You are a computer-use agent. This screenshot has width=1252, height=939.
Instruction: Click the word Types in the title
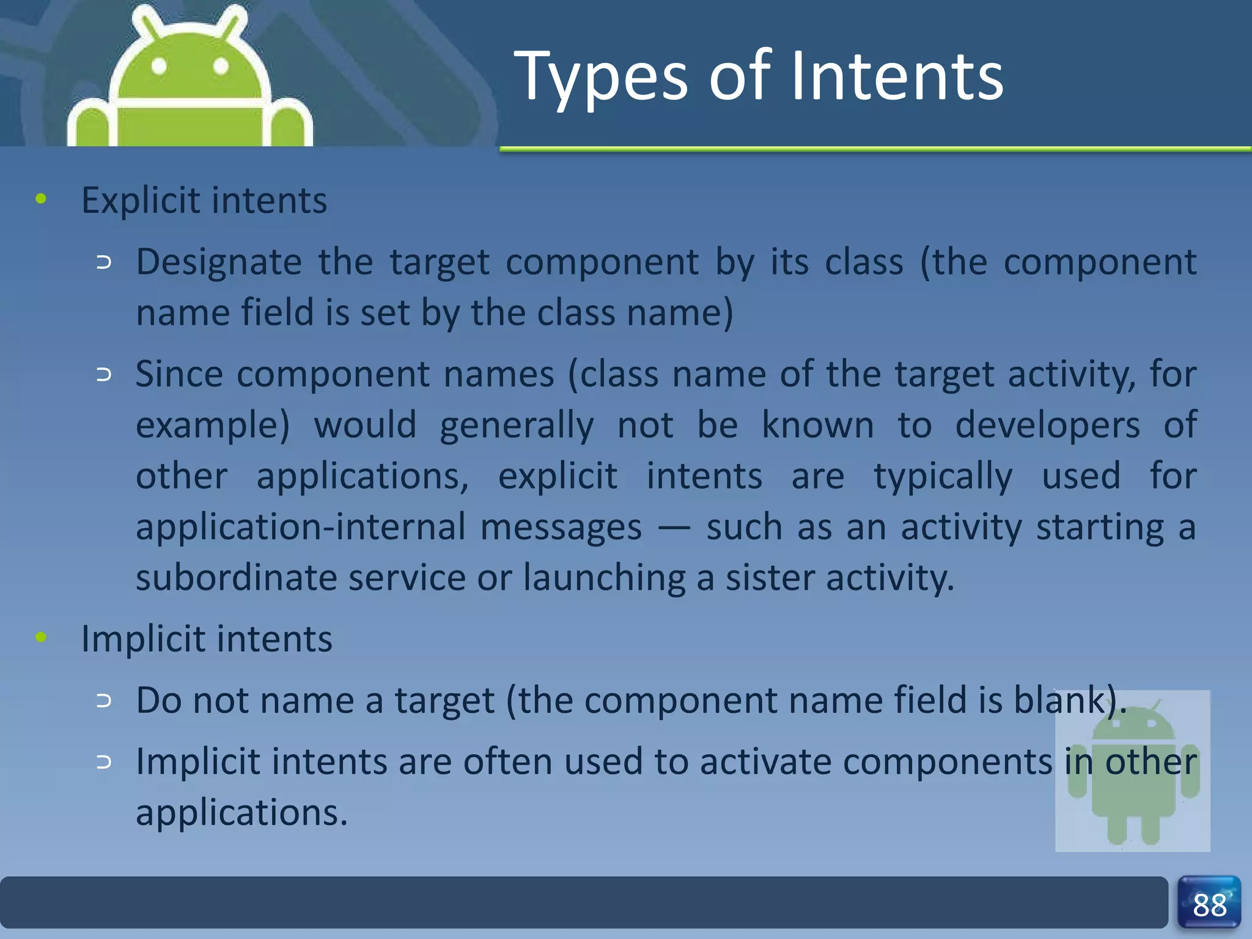603,78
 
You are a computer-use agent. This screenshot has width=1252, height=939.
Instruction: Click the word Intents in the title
897,78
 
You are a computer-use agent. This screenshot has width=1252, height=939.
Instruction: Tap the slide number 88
1209,905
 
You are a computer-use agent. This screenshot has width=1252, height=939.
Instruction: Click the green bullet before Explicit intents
41,199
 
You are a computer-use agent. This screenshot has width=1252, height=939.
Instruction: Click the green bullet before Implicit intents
41,638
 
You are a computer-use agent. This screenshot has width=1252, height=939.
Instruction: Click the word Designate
218,263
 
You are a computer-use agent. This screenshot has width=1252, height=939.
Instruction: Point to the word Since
179,374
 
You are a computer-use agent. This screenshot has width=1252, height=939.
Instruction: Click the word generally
517,426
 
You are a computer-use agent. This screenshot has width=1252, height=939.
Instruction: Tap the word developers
1047,425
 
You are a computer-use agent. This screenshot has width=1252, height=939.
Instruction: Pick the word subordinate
236,578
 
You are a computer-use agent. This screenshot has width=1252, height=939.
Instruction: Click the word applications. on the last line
241,813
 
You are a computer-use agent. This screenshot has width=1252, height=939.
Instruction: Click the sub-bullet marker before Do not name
105,701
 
